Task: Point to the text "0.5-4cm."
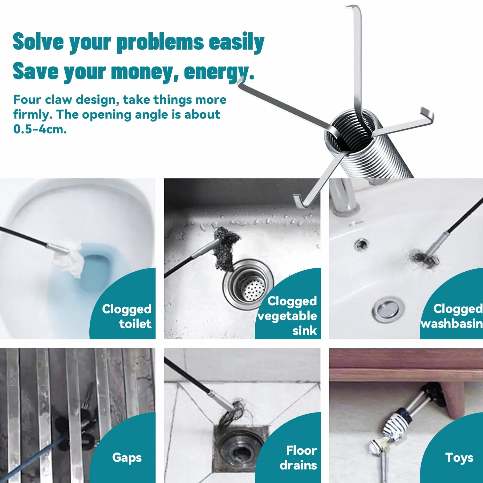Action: [x=40, y=129]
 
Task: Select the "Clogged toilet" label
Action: [x=127, y=316]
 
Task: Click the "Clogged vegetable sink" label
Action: [x=287, y=316]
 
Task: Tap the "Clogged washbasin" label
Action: [x=452, y=316]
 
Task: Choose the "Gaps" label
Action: [x=127, y=458]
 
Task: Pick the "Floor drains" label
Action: [x=298, y=458]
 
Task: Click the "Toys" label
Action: [x=459, y=458]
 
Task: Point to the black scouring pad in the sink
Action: [x=226, y=248]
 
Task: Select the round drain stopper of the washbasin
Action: [x=388, y=309]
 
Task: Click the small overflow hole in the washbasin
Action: [x=360, y=245]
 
